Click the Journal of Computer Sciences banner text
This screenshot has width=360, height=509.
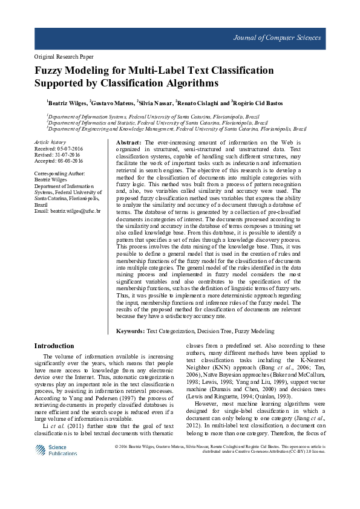[x=277, y=38]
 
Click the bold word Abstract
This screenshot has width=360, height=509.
[x=128, y=141]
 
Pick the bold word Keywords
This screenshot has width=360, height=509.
[x=130, y=331]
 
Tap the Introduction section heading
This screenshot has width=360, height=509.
[x=54, y=346]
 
